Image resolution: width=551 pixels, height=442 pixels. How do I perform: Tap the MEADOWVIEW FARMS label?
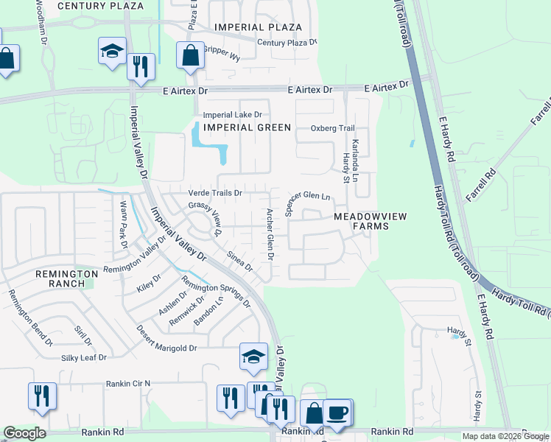(360, 221)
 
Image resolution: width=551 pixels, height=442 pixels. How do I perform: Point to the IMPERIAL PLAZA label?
(258, 27)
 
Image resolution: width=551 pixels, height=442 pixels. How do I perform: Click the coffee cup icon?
(338, 413)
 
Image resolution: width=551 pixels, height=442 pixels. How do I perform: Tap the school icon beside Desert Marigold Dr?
(253, 357)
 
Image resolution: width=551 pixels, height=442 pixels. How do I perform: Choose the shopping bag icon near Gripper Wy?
(190, 56)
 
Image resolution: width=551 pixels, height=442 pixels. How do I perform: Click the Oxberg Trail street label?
(332, 128)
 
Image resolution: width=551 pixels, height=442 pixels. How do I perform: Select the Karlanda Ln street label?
(355, 161)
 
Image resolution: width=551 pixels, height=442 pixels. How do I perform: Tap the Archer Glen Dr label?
(270, 234)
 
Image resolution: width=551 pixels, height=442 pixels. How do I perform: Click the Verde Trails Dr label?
(216, 193)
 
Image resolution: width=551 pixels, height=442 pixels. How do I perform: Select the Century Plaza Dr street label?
(287, 43)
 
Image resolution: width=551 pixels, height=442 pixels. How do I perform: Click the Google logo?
(24, 433)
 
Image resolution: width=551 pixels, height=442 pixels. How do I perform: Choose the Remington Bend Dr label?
(30, 318)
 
